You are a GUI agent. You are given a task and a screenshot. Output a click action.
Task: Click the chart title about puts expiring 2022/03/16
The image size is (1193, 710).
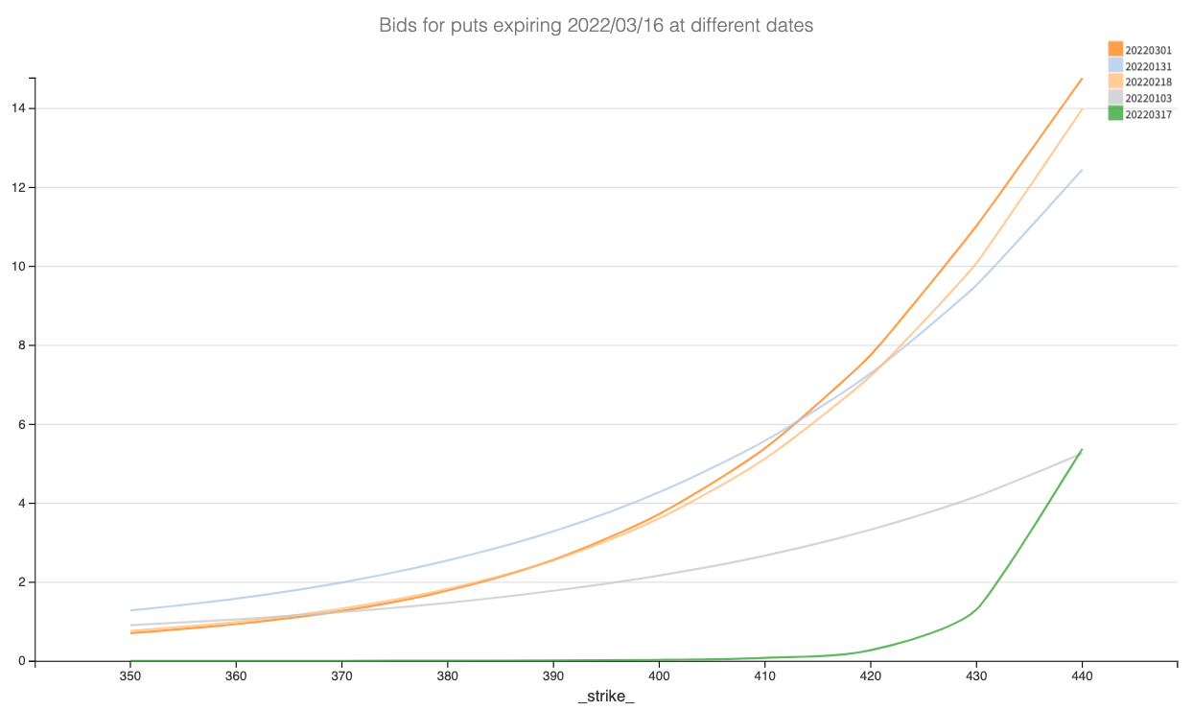pos(596,26)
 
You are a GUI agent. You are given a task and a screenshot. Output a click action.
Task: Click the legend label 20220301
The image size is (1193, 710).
pos(1148,50)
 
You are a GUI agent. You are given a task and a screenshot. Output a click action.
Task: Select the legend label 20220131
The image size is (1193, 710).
pos(1148,66)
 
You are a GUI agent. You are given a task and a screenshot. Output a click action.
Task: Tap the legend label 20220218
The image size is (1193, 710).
pos(1148,82)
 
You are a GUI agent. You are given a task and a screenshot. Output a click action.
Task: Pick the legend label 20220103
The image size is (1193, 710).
pos(1148,98)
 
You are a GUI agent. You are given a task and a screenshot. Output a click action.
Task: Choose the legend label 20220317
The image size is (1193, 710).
pos(1148,113)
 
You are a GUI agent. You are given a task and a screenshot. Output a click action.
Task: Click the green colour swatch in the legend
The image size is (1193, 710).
pos(1115,113)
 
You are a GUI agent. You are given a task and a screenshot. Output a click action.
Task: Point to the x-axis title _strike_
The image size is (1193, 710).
pos(606,696)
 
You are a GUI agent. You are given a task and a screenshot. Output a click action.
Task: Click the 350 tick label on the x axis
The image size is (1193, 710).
pos(130,676)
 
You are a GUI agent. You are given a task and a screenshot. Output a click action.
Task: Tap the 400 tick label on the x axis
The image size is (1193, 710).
pos(659,676)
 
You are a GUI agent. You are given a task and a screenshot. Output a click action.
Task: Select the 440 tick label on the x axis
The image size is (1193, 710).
pos(1082,676)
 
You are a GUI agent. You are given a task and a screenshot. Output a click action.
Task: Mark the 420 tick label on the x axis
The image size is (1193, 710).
pos(871,676)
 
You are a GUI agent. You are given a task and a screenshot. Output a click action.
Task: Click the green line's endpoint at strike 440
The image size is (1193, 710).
pos(1082,449)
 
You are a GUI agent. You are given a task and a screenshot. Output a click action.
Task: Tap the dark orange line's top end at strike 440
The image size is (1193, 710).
pos(1082,79)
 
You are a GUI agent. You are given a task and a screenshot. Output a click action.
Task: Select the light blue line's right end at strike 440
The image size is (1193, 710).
pos(1082,170)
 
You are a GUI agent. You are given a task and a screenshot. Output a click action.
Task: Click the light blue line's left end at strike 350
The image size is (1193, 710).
pos(130,610)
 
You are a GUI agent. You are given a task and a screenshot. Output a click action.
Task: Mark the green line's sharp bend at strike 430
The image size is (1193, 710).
pos(977,607)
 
